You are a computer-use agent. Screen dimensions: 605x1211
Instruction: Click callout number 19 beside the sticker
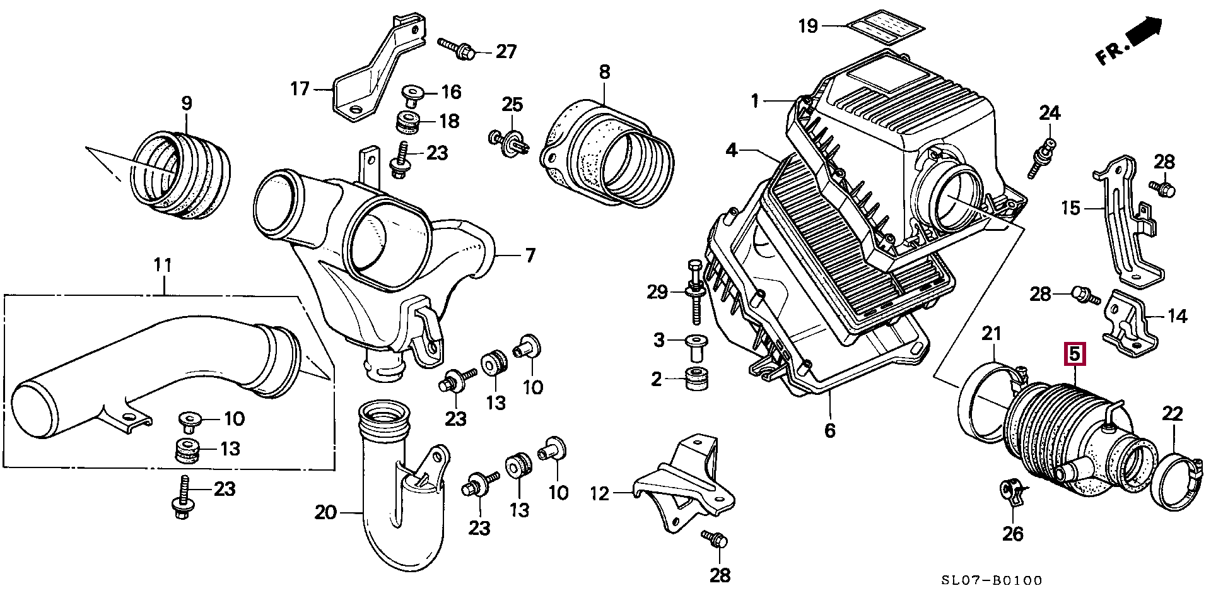[808, 26]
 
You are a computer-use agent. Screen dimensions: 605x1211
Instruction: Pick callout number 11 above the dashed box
[163, 265]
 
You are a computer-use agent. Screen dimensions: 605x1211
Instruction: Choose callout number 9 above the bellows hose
[186, 103]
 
